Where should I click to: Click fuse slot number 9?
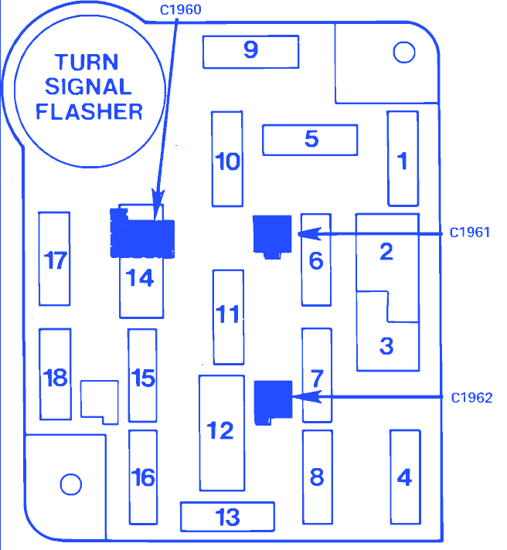[250, 51]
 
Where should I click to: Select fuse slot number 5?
[310, 140]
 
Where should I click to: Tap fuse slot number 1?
[402, 159]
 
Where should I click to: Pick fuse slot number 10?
[227, 160]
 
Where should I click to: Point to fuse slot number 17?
[55, 259]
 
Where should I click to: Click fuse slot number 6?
[315, 260]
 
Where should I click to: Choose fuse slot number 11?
[227, 316]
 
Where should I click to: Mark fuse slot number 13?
[227, 517]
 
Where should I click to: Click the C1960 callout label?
[179, 10]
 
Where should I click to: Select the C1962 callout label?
[471, 397]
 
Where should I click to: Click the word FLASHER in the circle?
[90, 110]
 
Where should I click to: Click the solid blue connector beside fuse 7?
[272, 401]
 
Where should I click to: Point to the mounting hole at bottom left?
[70, 484]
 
